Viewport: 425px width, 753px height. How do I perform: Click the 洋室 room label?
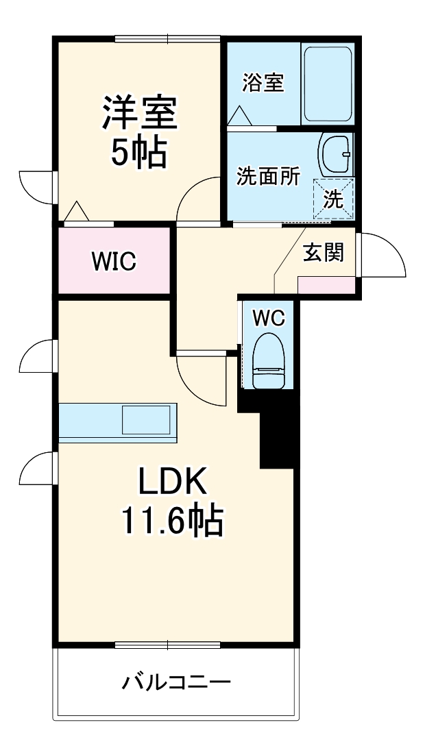140,113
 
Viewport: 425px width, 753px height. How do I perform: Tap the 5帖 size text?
139,153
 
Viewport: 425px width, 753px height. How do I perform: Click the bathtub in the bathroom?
328,84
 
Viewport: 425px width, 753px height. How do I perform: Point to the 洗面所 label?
268,177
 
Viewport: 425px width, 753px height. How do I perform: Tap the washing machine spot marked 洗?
334,199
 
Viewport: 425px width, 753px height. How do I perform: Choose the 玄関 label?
323,253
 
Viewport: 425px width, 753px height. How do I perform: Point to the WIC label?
114,261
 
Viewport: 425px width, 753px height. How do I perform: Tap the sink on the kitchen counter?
145,419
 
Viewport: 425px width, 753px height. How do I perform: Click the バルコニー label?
176,682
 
